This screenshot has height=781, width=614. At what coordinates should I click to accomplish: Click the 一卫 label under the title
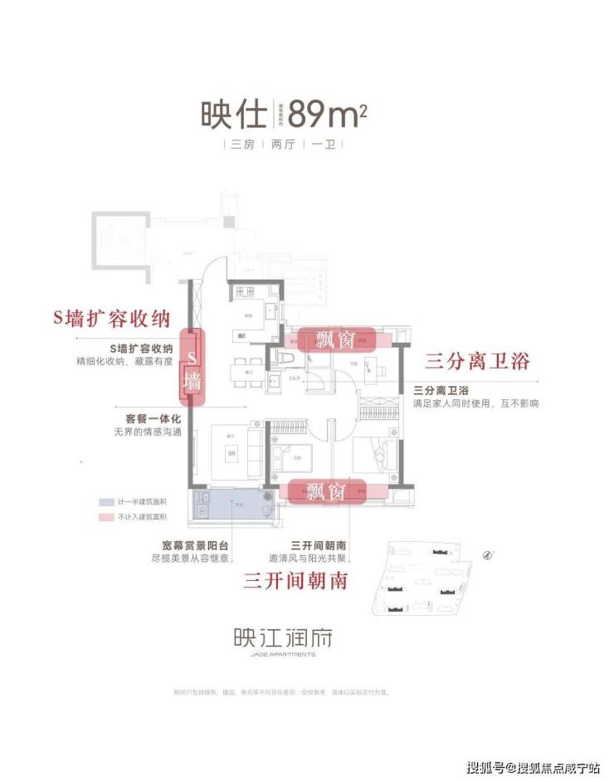[x=323, y=144]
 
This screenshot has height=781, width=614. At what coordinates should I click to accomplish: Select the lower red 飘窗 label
[x=325, y=491]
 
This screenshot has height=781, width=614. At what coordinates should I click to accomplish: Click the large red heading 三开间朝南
[x=295, y=580]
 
